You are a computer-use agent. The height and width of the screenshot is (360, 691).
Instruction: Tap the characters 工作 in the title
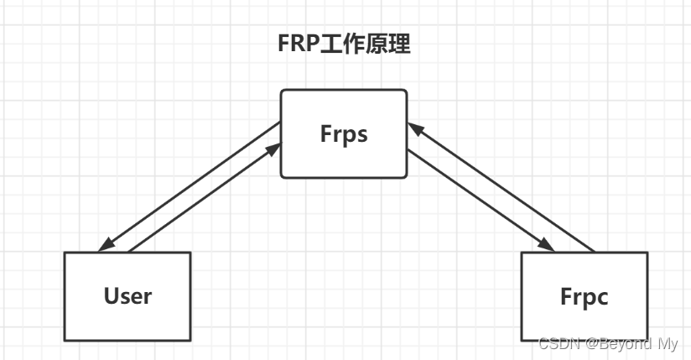pos(342,44)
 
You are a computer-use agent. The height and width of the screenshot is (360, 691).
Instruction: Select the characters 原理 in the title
pos(388,44)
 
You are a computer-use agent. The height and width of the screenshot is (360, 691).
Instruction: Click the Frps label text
pos(344,134)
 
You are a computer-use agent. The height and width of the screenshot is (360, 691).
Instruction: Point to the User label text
pos(127,295)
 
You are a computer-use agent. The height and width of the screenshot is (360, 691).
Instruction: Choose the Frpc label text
pos(584,296)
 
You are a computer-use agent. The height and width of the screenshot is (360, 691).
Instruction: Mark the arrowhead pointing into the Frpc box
pos(546,245)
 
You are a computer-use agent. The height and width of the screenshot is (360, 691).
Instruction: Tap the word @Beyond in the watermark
pos(616,343)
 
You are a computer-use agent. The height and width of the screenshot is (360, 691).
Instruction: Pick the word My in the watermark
pos(668,343)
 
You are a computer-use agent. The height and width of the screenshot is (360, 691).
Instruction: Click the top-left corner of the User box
pos(65,253)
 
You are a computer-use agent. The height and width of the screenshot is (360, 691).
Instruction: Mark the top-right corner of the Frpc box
pos(647,253)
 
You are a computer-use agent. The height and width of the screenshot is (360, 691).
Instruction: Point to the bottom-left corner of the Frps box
pos(281,177)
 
